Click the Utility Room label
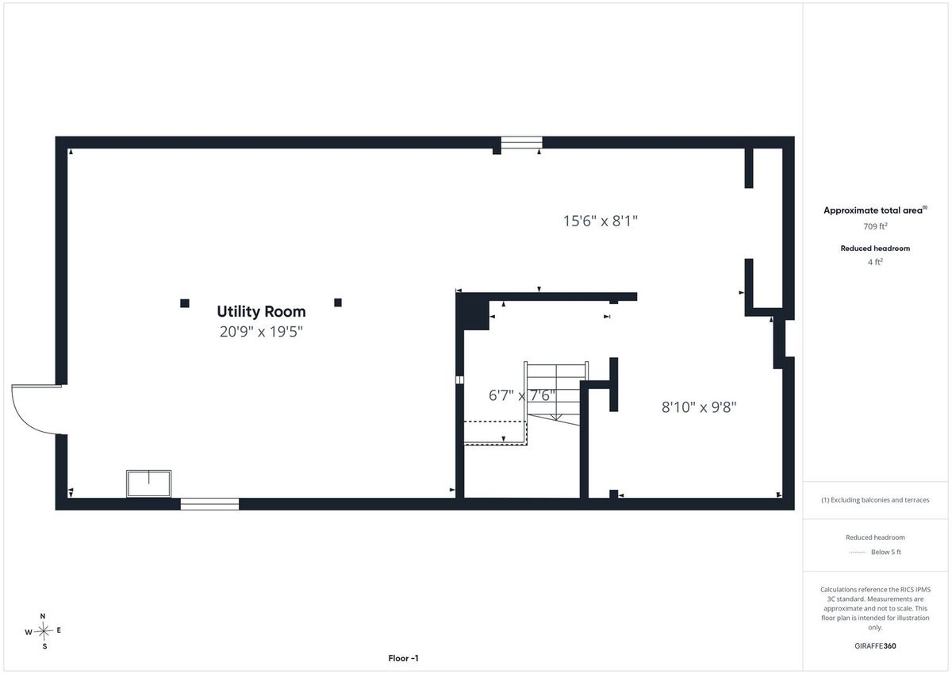click(261, 312)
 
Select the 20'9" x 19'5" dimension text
click(261, 332)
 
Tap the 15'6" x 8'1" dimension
click(600, 221)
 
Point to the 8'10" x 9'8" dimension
click(699, 407)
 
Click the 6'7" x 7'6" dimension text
click(522, 395)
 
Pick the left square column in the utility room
click(184, 303)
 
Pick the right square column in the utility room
click(338, 302)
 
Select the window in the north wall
click(521, 142)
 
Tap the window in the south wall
click(209, 504)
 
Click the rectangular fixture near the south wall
click(149, 483)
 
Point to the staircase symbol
click(556, 393)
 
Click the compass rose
click(43, 631)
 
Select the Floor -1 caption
click(403, 658)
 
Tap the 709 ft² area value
click(874, 226)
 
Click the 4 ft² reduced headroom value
click(875, 262)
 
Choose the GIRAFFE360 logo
click(875, 646)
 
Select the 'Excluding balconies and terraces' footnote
click(875, 500)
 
